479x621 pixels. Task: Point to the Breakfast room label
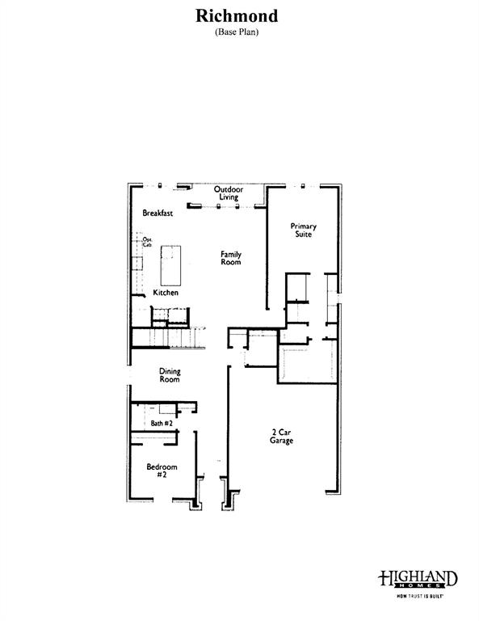(158, 213)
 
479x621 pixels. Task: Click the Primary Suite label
(304, 230)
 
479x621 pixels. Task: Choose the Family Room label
(232, 258)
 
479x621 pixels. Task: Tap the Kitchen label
(166, 293)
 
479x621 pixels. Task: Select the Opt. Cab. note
(148, 242)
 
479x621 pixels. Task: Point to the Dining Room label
(170, 375)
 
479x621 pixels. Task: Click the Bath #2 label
(161, 423)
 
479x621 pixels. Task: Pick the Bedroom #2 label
(162, 471)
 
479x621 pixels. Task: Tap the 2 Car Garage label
(281, 437)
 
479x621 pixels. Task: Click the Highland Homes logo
(418, 579)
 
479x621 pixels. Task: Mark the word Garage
(281, 441)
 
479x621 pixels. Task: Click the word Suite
(304, 235)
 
